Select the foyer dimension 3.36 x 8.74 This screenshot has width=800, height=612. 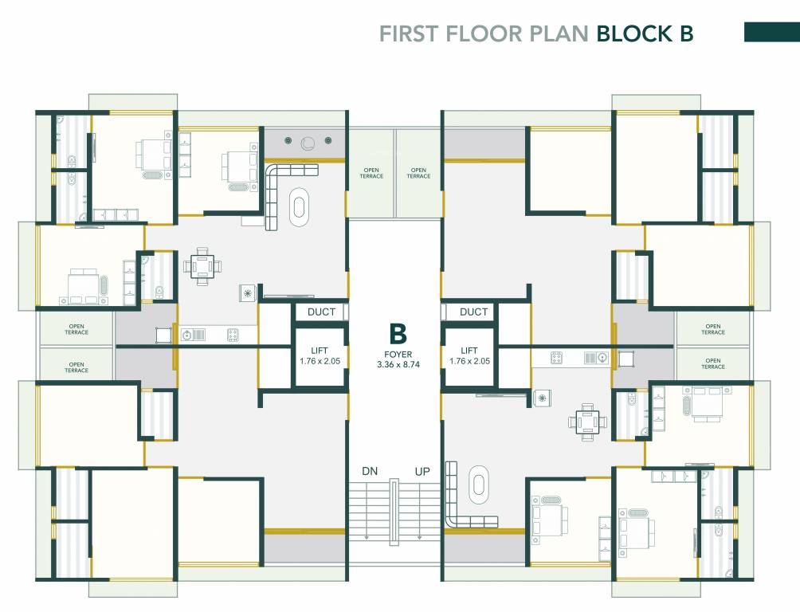pyautogui.click(x=398, y=364)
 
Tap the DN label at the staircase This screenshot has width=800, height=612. pyautogui.click(x=370, y=471)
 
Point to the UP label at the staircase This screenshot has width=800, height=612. pyautogui.click(x=422, y=471)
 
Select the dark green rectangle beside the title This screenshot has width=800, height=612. pyautogui.click(x=771, y=32)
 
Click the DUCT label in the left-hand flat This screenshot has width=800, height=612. pyautogui.click(x=321, y=312)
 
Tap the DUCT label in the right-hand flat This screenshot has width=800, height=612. pyautogui.click(x=473, y=312)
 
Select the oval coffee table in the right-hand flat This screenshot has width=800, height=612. pyautogui.click(x=480, y=484)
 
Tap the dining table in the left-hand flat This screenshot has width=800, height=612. pyautogui.click(x=202, y=266)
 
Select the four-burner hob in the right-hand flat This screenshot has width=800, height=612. pyautogui.click(x=557, y=359)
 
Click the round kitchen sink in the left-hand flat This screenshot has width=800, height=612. pyautogui.click(x=188, y=335)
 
